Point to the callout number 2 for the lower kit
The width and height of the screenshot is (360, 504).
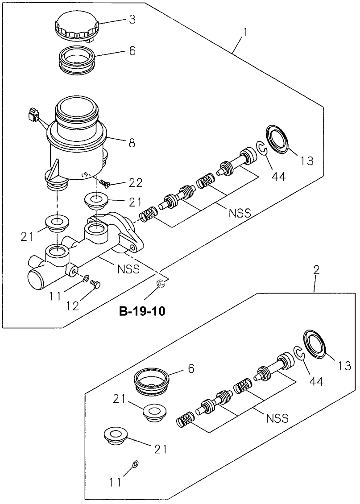click(316, 270)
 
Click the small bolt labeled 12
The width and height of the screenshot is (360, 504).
click(95, 284)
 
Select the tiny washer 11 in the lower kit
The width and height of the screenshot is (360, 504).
click(136, 464)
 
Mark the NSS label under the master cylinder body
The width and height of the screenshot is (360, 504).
click(129, 269)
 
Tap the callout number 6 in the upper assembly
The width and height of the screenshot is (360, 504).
click(132, 51)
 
